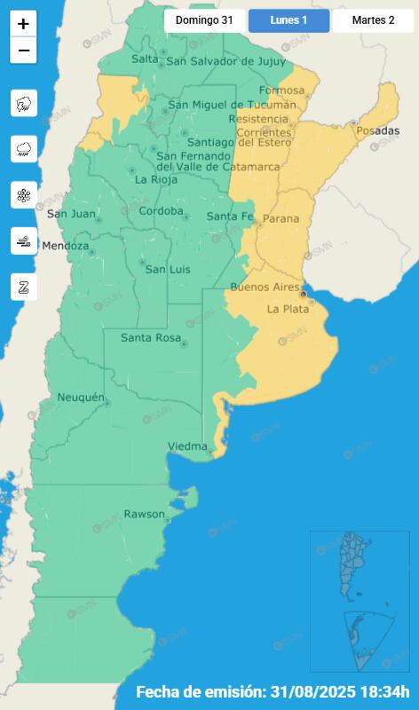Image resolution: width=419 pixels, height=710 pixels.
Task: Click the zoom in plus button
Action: [x=23, y=24]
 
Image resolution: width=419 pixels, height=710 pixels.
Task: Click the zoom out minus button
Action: [x=23, y=51]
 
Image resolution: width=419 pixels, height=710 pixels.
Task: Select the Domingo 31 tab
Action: [x=204, y=20]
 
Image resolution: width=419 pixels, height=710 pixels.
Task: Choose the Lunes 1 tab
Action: [x=289, y=20]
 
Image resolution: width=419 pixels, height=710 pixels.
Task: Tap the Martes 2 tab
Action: [x=373, y=20]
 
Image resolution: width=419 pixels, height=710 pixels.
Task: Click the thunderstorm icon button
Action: [x=24, y=104]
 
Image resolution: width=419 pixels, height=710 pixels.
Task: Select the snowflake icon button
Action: [x=24, y=195]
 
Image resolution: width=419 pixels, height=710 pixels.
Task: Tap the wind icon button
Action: [x=24, y=241]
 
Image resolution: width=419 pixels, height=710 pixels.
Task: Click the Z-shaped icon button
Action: [x=24, y=286]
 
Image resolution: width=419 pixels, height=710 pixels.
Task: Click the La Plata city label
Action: [x=288, y=309]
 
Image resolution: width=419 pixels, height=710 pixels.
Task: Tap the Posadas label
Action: [x=378, y=131]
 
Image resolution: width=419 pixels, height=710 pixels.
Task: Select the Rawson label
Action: [x=144, y=514]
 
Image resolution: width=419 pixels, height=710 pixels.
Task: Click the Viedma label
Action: [x=187, y=446]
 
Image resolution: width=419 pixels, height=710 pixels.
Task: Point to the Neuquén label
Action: [x=81, y=397]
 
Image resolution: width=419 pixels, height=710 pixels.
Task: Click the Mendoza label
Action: [x=66, y=245]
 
